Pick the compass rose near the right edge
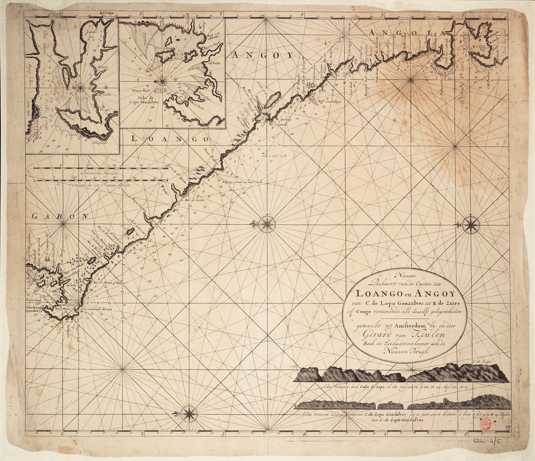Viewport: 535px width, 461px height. tap(471, 225)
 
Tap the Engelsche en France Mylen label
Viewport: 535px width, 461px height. tap(102, 186)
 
